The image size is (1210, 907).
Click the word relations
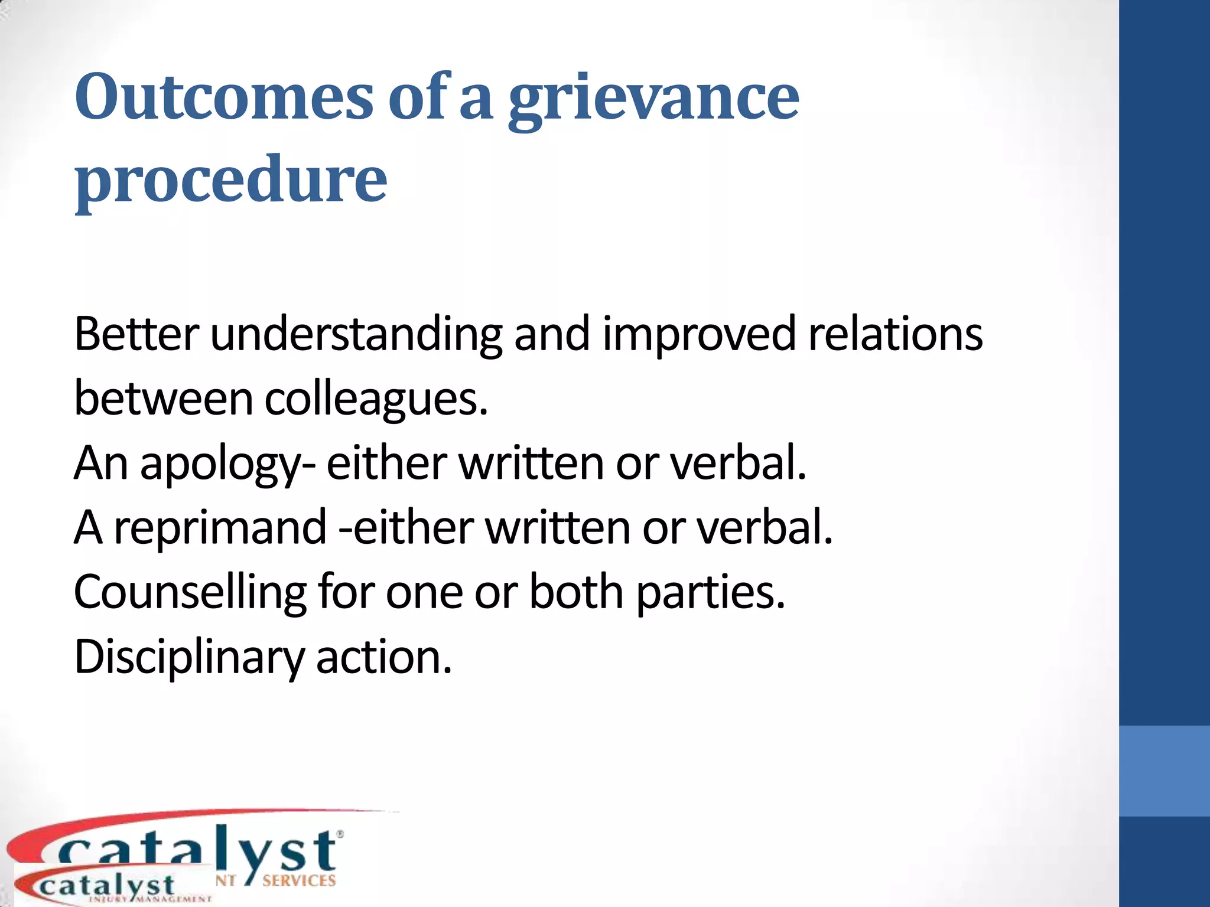[895, 334]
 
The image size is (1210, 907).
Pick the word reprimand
[220, 527]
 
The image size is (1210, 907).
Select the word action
[384, 657]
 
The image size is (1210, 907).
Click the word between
[164, 399]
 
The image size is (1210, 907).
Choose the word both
[576, 591]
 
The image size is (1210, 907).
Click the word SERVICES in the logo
[299, 880]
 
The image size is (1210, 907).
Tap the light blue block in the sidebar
[1164, 771]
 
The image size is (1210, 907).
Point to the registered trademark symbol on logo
[340, 834]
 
